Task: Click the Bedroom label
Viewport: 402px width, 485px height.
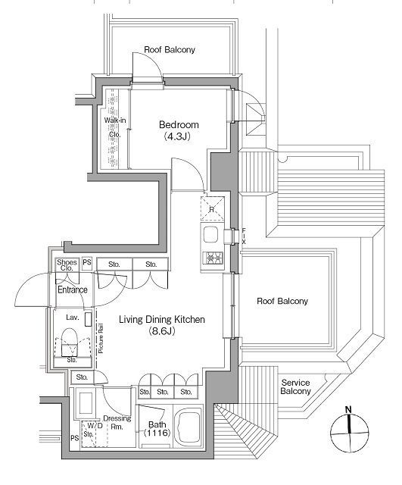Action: (x=179, y=125)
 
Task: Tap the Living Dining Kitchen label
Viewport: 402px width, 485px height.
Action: (x=162, y=320)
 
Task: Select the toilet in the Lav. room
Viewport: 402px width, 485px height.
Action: (x=69, y=342)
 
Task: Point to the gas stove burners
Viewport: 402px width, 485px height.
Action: (x=213, y=258)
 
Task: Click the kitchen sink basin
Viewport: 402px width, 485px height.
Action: (x=210, y=234)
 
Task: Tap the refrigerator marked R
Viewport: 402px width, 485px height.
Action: (x=212, y=209)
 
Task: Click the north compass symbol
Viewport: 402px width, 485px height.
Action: (x=350, y=432)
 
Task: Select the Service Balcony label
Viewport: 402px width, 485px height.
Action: (x=296, y=387)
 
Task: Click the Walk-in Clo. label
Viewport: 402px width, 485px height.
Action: (x=115, y=127)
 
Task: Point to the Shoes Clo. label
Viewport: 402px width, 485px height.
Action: (x=67, y=265)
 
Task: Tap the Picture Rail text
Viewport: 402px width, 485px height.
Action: (x=101, y=338)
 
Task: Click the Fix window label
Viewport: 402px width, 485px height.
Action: (x=244, y=236)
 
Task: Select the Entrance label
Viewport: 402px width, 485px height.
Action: (x=73, y=289)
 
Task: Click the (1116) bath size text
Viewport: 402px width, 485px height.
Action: (x=157, y=433)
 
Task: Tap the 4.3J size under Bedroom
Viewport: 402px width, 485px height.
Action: (x=176, y=136)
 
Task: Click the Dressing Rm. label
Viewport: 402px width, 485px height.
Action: (x=117, y=423)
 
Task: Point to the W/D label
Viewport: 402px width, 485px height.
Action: (x=95, y=426)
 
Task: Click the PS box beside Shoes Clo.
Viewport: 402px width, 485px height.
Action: (x=87, y=262)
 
